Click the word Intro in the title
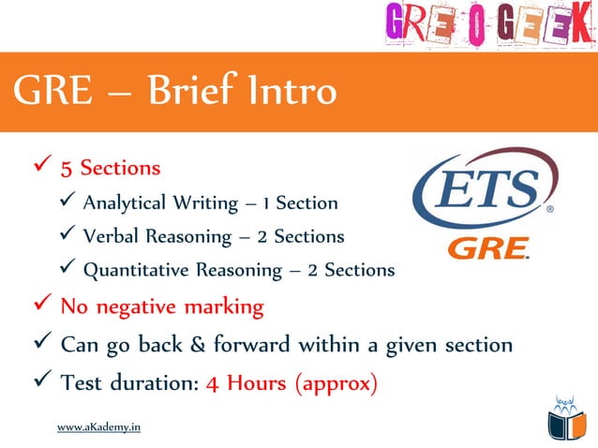click(x=291, y=92)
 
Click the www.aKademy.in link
click(x=99, y=427)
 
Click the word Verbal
click(x=110, y=236)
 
